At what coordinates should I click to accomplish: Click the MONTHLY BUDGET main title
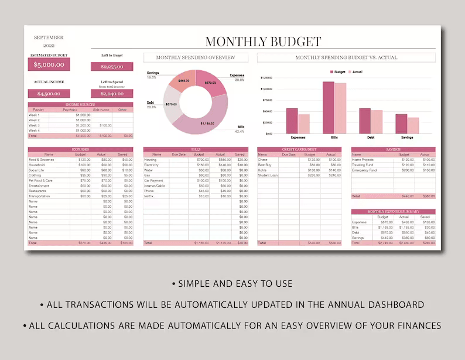(x=263, y=42)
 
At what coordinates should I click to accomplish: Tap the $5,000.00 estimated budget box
(x=49, y=65)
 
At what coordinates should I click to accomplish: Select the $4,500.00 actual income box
(x=49, y=94)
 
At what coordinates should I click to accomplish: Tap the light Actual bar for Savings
(x=413, y=125)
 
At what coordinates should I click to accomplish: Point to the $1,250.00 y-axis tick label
(x=266, y=77)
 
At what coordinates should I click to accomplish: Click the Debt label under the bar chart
(x=371, y=138)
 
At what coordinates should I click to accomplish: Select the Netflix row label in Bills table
(x=149, y=196)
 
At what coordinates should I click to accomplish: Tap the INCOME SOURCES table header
(x=80, y=105)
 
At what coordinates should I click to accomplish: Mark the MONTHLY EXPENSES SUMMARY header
(x=393, y=211)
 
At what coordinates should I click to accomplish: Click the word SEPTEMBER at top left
(x=49, y=37)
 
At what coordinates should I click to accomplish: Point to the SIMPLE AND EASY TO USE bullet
(x=232, y=284)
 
